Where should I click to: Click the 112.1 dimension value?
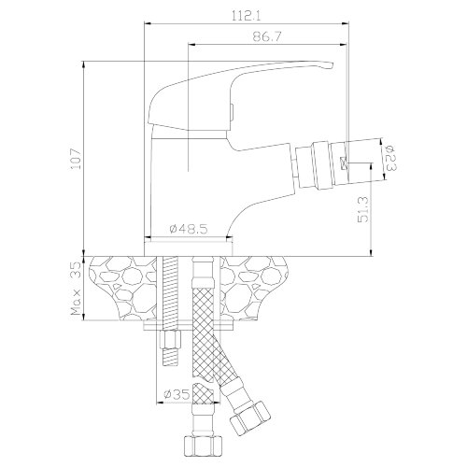(x=246, y=16)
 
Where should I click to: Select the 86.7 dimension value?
(x=267, y=37)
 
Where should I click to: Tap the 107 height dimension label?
(x=76, y=159)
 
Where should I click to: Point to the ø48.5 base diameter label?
(x=189, y=230)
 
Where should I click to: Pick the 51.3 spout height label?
(x=362, y=209)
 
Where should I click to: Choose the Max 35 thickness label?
(x=76, y=289)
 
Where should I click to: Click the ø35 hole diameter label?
(x=177, y=395)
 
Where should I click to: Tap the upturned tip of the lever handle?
(x=330, y=66)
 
